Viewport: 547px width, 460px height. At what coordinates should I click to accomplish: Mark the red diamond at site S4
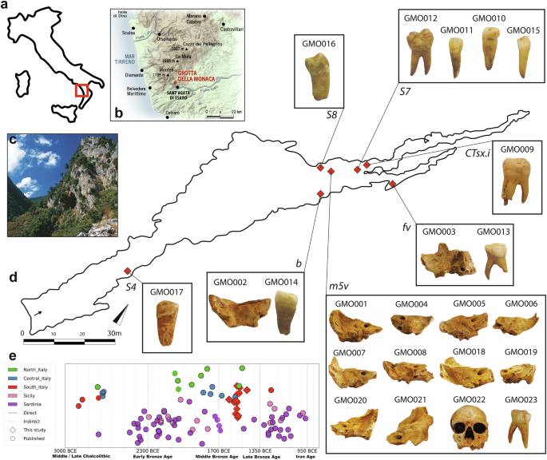click(128, 272)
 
